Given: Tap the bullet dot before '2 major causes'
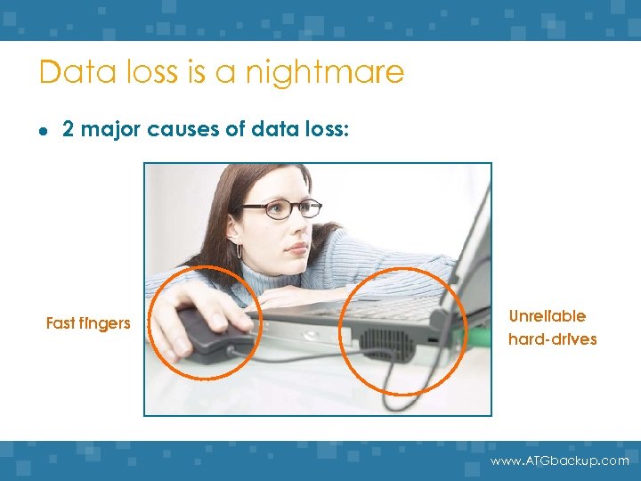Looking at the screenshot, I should point(43,130).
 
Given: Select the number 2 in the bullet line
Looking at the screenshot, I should point(67,129).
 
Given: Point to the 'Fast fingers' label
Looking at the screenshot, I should point(88,323).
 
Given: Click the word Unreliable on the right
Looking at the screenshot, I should point(547,316).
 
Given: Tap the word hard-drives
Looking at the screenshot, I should point(552,339).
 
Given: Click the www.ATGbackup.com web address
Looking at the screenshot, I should point(560,461).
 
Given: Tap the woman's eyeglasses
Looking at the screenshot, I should point(280,209).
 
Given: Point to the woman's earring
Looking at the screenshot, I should point(239,251).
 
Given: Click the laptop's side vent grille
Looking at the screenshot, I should point(385,343).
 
